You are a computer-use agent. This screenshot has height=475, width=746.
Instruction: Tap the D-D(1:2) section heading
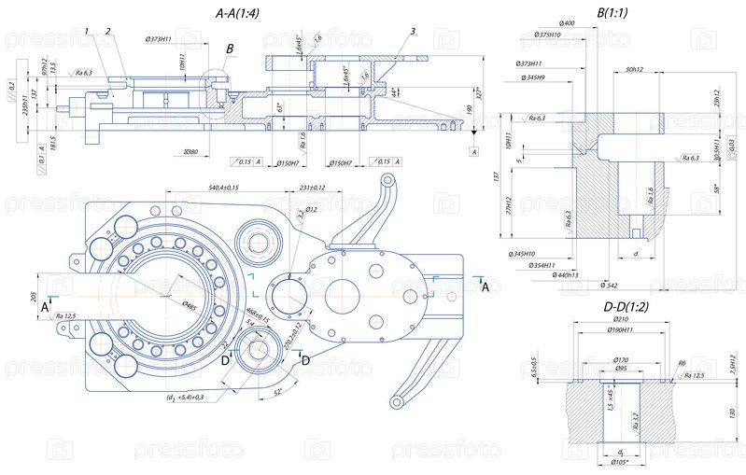click(615, 306)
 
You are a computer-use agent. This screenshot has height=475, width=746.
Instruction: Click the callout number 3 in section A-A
click(411, 32)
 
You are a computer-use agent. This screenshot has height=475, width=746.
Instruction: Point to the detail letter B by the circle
click(230, 48)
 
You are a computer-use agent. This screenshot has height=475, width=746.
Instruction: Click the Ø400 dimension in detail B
click(566, 21)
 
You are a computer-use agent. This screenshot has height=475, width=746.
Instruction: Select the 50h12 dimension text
click(636, 70)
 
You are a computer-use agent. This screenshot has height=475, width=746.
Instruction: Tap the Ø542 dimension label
click(610, 285)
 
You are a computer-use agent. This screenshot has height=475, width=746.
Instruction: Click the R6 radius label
click(682, 364)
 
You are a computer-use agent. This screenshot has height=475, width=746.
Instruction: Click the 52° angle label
click(278, 393)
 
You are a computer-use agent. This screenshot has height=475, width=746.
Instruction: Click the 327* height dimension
click(483, 93)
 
